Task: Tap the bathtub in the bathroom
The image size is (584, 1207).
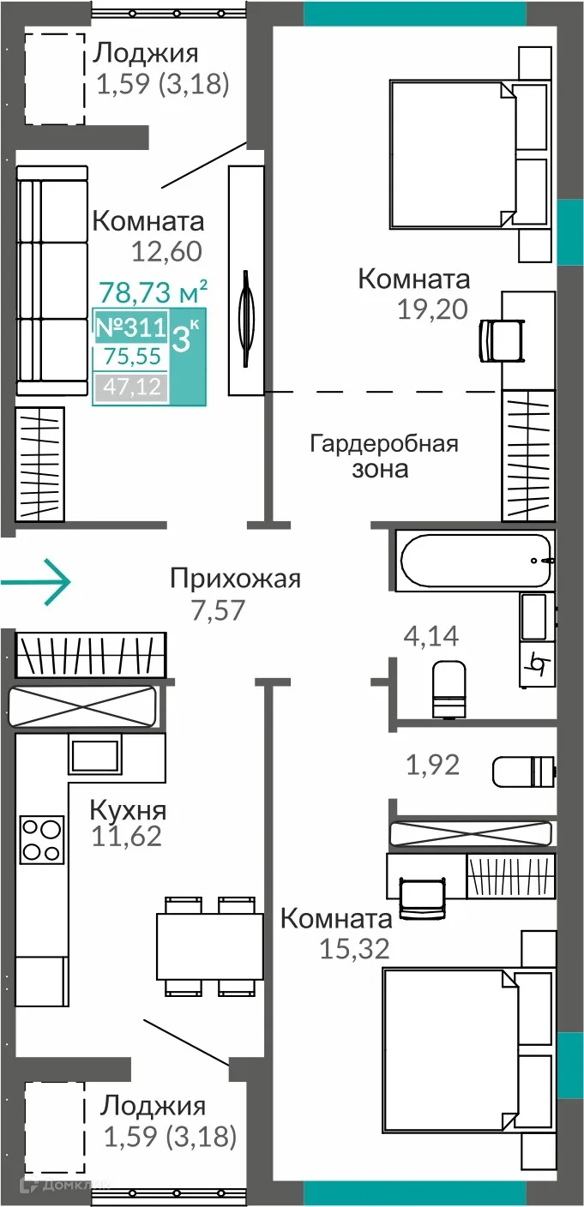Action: pos(475,561)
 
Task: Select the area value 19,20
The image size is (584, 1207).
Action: pos(432,309)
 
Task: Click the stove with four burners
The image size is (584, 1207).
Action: pos(41,838)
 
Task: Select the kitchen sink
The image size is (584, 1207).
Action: pos(93,755)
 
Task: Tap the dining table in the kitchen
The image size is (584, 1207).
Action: pos(209,946)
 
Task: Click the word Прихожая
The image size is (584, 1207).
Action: pos(235,579)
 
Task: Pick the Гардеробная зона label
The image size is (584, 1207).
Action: pos(383,456)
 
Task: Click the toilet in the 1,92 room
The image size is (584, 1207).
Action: pos(523,770)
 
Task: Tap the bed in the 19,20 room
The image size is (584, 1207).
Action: pos(455,155)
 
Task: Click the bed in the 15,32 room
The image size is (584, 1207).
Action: pos(451,1041)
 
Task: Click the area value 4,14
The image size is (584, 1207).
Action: pos(431,636)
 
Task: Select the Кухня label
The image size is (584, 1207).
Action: pos(129,810)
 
